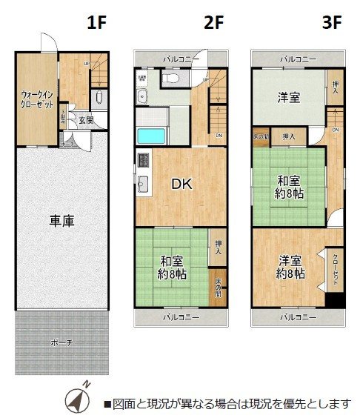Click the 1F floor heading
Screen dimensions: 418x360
(97, 22)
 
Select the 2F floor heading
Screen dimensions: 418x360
(213, 22)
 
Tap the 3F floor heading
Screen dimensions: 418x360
(331, 22)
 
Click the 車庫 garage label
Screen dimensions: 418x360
(61, 220)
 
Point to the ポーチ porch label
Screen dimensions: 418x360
(61, 342)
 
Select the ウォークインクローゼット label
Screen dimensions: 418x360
(36, 100)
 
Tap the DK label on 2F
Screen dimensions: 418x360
(182, 185)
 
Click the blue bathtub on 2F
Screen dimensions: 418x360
(151, 136)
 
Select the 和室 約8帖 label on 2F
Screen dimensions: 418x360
(172, 268)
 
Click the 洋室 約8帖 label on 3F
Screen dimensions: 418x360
(291, 268)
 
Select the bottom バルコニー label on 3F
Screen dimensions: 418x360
(298, 316)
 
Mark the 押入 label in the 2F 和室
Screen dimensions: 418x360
(218, 248)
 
